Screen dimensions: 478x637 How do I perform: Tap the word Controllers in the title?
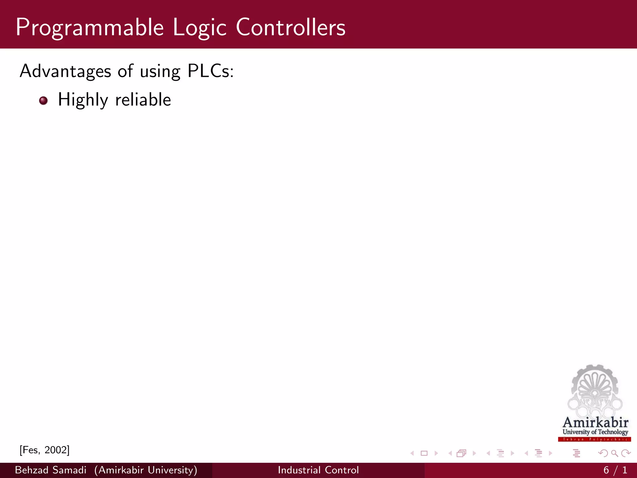tap(291, 27)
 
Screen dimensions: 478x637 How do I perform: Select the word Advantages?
tap(65, 71)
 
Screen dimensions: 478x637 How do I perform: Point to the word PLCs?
tap(211, 71)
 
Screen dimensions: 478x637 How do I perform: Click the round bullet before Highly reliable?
tap(44, 101)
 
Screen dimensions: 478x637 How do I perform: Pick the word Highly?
tap(83, 100)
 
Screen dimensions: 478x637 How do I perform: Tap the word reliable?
tap(143, 100)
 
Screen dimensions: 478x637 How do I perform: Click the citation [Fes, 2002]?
tap(44, 450)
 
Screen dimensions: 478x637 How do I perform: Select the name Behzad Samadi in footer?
tap(51, 470)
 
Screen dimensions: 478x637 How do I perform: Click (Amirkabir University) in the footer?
tap(146, 470)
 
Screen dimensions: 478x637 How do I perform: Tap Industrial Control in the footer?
tap(318, 470)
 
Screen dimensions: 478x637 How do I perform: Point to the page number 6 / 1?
tap(615, 470)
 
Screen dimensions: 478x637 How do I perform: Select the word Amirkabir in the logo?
tap(595, 423)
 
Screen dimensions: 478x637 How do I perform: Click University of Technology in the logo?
tap(595, 432)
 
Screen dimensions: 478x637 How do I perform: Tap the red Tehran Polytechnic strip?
tap(594, 439)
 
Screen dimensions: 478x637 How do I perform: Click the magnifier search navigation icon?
tap(614, 453)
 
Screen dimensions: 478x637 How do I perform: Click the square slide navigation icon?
tap(424, 453)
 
